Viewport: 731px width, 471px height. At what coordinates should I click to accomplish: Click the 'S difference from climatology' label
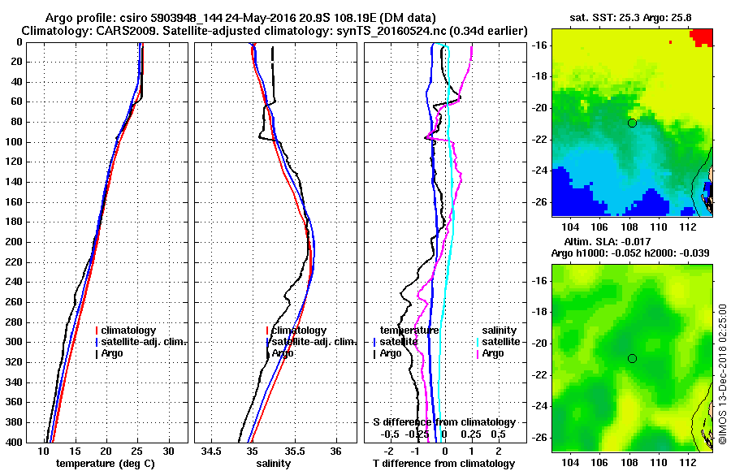coord(444,422)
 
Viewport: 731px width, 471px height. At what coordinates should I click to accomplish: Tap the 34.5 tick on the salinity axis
coord(213,451)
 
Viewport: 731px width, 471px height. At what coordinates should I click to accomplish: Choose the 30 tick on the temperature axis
coord(168,451)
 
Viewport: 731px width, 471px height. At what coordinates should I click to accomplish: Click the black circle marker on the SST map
coord(632,123)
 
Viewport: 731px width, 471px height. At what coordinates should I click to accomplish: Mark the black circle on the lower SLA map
coord(632,358)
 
